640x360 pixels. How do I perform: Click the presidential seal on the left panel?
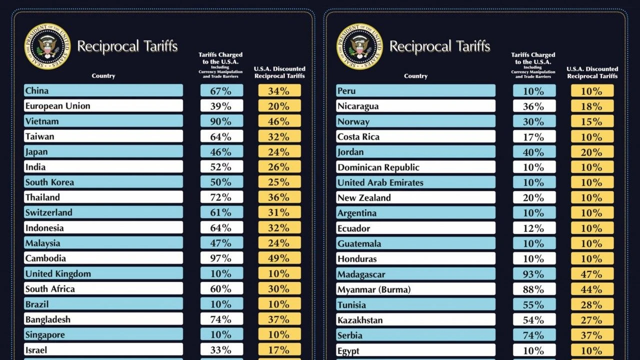click(x=47, y=46)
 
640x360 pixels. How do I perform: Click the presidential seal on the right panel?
click(x=359, y=46)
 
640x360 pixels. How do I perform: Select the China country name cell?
click(x=103, y=90)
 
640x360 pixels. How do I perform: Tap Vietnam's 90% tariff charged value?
click(x=221, y=121)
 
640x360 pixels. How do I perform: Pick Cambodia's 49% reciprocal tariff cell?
click(x=279, y=258)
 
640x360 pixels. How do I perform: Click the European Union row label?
click(x=103, y=106)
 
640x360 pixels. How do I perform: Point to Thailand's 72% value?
click(x=221, y=197)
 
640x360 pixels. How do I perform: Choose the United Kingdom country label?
click(x=103, y=273)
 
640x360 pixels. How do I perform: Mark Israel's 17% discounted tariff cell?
click(x=279, y=349)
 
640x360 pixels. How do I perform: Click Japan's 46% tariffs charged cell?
click(x=221, y=151)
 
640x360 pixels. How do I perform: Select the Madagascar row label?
click(x=415, y=274)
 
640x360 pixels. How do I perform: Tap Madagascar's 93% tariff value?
click(x=534, y=274)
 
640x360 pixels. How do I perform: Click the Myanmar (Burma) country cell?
click(x=415, y=289)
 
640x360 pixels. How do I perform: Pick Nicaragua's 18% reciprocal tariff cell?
click(x=592, y=106)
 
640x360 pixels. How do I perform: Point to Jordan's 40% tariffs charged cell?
click(x=534, y=152)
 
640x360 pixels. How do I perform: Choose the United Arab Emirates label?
click(x=415, y=182)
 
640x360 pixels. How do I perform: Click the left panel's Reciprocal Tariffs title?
click(x=127, y=46)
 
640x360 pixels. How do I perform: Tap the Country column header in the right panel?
click(x=415, y=76)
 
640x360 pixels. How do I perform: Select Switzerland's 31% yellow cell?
click(x=279, y=212)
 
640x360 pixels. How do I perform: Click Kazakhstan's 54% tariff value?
click(x=534, y=320)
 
